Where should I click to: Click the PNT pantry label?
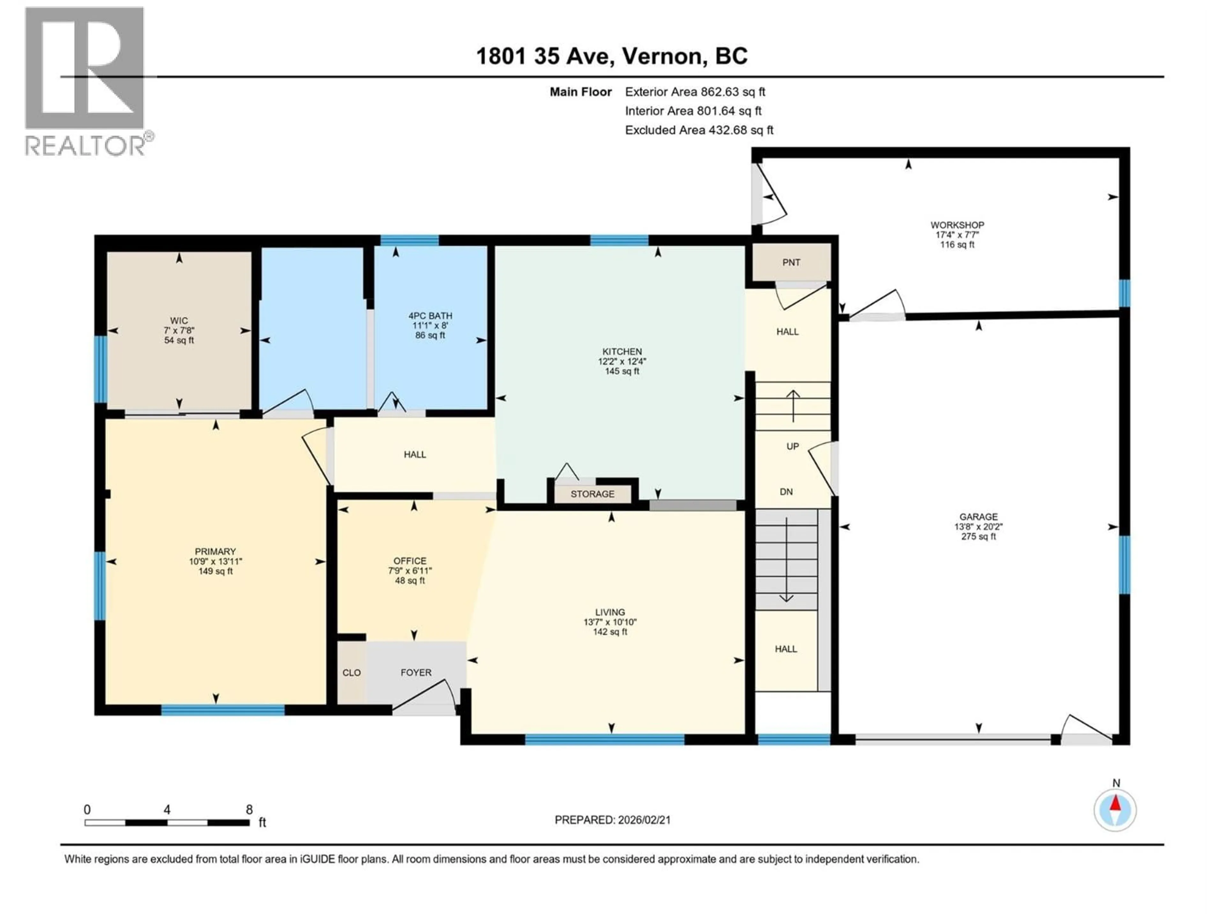[791, 263]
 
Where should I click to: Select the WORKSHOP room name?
[957, 225]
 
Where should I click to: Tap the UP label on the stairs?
[792, 446]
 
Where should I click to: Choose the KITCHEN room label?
[622, 352]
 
